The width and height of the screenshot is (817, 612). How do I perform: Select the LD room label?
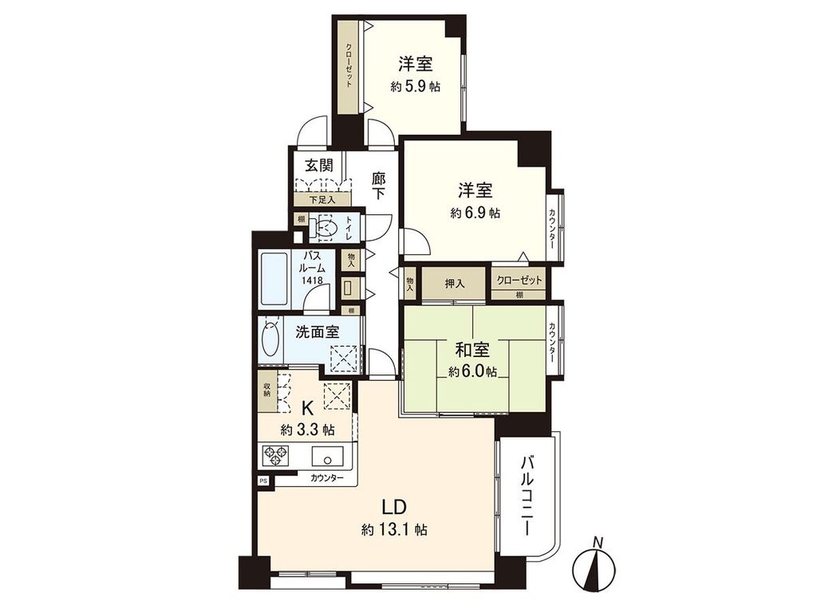(394, 507)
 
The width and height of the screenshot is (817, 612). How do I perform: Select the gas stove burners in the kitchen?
(278, 457)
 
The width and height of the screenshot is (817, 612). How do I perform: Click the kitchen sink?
(327, 457)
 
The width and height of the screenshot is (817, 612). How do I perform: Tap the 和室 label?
(472, 350)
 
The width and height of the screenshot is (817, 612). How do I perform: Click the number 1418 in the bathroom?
(312, 280)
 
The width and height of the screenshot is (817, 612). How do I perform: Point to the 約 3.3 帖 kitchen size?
(307, 430)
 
